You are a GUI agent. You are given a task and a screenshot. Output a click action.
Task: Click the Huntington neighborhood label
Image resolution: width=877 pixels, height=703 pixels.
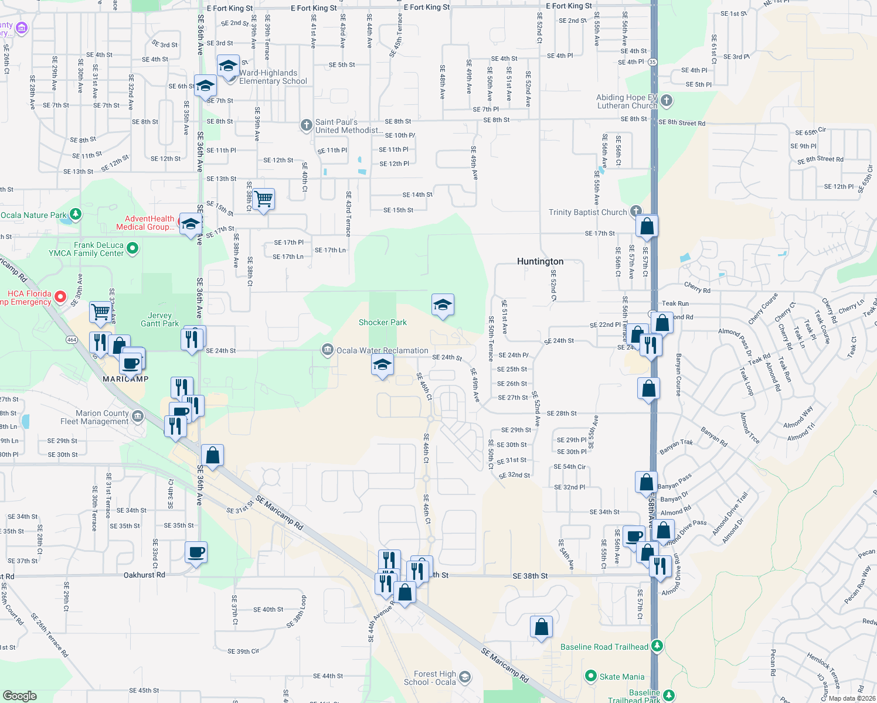pyautogui.click(x=540, y=261)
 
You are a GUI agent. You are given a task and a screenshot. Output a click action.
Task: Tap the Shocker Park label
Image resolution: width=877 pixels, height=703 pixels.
pyautogui.click(x=382, y=322)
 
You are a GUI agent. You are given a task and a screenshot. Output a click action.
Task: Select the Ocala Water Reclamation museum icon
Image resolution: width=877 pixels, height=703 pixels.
pyautogui.click(x=327, y=350)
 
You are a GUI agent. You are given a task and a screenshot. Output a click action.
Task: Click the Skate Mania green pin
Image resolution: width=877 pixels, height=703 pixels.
pyautogui.click(x=591, y=676)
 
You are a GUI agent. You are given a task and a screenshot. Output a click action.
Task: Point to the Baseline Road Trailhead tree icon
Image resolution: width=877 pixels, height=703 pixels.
pyautogui.click(x=657, y=646)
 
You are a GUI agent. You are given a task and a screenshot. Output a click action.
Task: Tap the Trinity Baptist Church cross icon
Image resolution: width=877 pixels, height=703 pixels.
pyautogui.click(x=636, y=211)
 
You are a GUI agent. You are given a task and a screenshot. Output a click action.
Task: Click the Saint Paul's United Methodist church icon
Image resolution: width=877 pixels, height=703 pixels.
pyautogui.click(x=306, y=125)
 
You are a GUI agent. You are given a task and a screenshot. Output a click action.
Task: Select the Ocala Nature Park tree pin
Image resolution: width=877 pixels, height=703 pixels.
pyautogui.click(x=75, y=214)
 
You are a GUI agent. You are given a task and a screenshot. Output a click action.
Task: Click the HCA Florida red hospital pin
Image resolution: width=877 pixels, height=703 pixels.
pyautogui.click(x=60, y=297)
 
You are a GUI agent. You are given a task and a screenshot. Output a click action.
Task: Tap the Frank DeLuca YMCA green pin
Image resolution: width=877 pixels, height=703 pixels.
pyautogui.click(x=132, y=248)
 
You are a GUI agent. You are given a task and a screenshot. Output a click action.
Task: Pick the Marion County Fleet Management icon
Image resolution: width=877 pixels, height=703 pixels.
pyautogui.click(x=138, y=417)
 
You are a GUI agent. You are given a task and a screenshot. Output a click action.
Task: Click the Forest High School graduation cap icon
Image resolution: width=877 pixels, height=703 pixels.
pyautogui.click(x=465, y=677)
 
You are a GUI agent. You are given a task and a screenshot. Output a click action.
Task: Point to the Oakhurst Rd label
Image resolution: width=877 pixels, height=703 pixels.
pyautogui.click(x=144, y=575)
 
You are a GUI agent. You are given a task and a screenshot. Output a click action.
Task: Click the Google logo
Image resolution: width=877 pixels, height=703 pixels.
pyautogui.click(x=19, y=695)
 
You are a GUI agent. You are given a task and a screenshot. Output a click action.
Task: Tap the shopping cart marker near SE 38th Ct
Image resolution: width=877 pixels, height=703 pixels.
pyautogui.click(x=263, y=200)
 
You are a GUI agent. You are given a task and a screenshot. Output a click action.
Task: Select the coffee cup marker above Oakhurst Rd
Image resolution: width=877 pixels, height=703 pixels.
pyautogui.click(x=196, y=552)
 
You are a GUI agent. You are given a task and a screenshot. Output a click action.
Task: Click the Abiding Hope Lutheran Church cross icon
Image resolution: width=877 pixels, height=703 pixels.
pyautogui.click(x=667, y=101)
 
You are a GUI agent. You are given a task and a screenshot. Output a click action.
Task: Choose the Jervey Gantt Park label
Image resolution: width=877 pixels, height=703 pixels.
pyautogui.click(x=159, y=319)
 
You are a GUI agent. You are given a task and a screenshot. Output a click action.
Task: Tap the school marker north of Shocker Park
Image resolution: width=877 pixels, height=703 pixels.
pyautogui.click(x=443, y=305)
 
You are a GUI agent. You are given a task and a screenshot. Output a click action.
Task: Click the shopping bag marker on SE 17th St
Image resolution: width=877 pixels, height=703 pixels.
pyautogui.click(x=647, y=226)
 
